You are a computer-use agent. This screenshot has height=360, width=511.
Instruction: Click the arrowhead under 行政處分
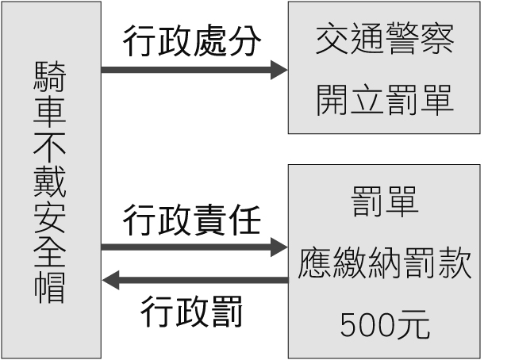[279, 71]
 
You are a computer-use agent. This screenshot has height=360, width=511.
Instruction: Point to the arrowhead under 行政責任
[279, 248]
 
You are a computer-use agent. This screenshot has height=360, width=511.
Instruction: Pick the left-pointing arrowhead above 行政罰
[111, 280]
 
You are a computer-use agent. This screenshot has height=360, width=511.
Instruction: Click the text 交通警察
[385, 40]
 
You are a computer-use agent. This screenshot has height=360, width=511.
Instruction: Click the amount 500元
[385, 323]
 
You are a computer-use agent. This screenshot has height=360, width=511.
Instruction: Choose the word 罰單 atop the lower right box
[385, 204]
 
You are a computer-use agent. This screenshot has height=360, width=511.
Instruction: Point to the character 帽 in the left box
[51, 287]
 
